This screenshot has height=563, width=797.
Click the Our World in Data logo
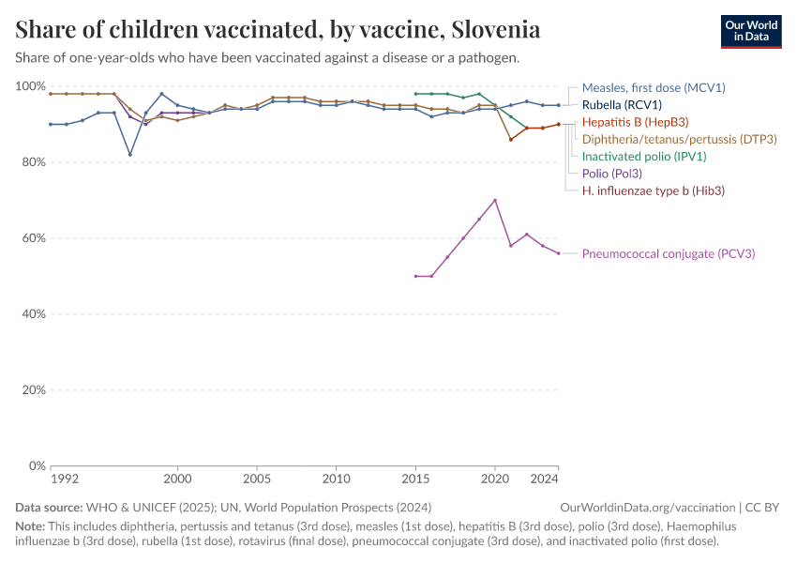pyautogui.click(x=751, y=32)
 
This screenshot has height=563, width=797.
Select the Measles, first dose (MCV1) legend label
pyautogui.click(x=654, y=87)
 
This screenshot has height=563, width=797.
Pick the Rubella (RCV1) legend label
pyautogui.click(x=622, y=105)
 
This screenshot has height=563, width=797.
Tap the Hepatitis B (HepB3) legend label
pyautogui.click(x=635, y=122)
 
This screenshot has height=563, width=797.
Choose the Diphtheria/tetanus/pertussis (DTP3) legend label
pyautogui.click(x=679, y=140)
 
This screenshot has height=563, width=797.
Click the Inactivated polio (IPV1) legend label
pyautogui.click(x=644, y=156)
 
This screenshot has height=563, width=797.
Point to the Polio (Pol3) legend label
pyautogui.click(x=612, y=174)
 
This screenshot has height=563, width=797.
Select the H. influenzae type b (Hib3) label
pyautogui.click(x=654, y=190)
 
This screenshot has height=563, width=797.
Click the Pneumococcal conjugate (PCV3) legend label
pyautogui.click(x=669, y=253)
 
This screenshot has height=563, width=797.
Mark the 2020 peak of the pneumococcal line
pyautogui.click(x=494, y=200)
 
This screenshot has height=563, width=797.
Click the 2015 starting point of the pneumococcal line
pyautogui.click(x=415, y=276)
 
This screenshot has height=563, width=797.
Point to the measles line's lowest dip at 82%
pyautogui.click(x=130, y=155)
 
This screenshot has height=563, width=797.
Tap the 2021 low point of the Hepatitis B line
pyautogui.click(x=511, y=140)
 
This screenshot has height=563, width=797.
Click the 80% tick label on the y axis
pyautogui.click(x=31, y=162)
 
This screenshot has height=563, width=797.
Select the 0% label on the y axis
pyautogui.click(x=37, y=465)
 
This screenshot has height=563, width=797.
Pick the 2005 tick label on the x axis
pyautogui.click(x=257, y=479)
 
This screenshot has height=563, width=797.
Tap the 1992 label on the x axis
pyautogui.click(x=65, y=479)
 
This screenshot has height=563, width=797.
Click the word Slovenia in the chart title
pyautogui.click(x=496, y=29)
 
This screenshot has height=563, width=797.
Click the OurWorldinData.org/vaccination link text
pyautogui.click(x=648, y=508)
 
